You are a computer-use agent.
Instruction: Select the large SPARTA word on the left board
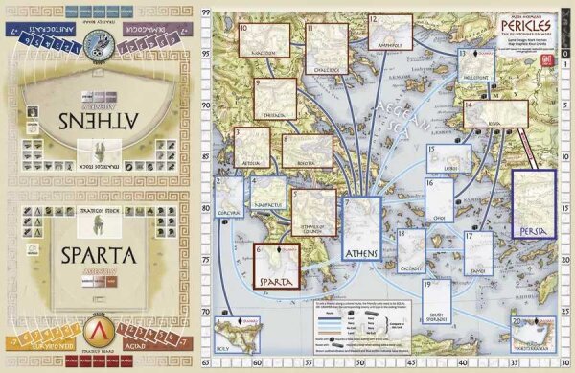pos(101,256)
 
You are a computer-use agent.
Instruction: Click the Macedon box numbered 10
pos(263,38)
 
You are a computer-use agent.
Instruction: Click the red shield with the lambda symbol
pos(99,331)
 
